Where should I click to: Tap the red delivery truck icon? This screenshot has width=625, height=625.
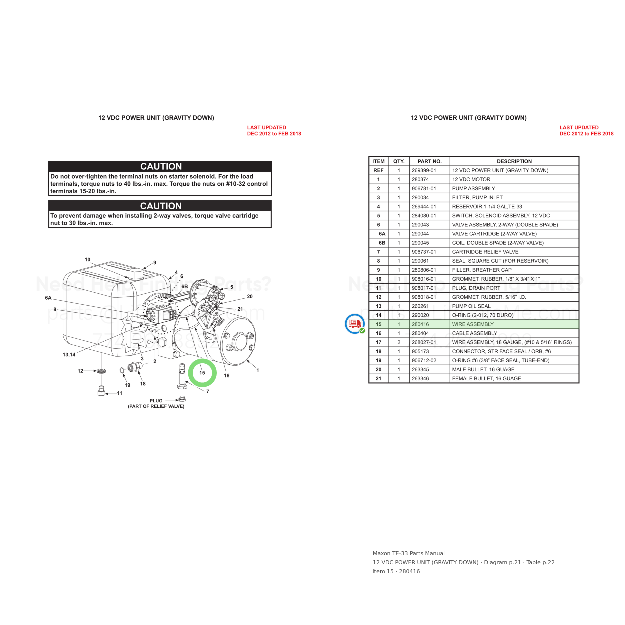[x=355, y=323]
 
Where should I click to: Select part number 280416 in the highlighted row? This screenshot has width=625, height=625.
[x=420, y=324]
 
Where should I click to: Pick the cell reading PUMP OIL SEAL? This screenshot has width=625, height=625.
[x=471, y=306]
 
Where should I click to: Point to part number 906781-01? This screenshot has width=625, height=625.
[x=424, y=188]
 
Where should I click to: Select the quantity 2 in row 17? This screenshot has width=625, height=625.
[x=398, y=342]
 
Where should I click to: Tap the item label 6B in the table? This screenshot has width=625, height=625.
[x=382, y=242]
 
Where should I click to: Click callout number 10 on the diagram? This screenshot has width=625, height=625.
[x=87, y=259]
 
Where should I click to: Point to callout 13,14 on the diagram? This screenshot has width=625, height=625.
[x=69, y=354]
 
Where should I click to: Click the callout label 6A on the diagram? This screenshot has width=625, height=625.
[x=48, y=297]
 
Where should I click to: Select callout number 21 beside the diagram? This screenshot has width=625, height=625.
[x=240, y=309]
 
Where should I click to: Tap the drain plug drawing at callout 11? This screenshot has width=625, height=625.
[x=101, y=391]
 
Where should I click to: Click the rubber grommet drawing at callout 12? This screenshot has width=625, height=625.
[x=101, y=371]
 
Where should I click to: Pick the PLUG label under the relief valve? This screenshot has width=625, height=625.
[x=156, y=400]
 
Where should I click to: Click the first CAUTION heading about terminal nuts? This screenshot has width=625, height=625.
[x=161, y=166]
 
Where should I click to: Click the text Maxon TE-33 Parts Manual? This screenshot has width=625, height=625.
[x=408, y=553]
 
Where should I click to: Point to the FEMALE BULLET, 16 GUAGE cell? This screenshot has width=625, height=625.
[x=486, y=378]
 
